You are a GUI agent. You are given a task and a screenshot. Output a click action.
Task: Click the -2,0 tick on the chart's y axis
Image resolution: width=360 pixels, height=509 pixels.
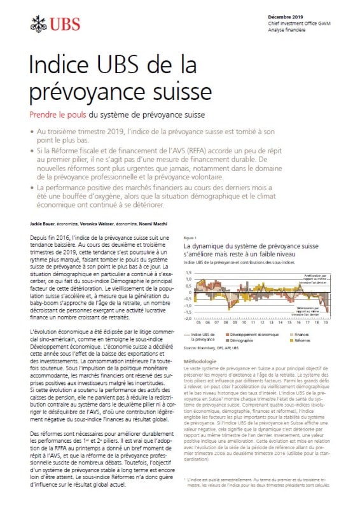188,317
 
